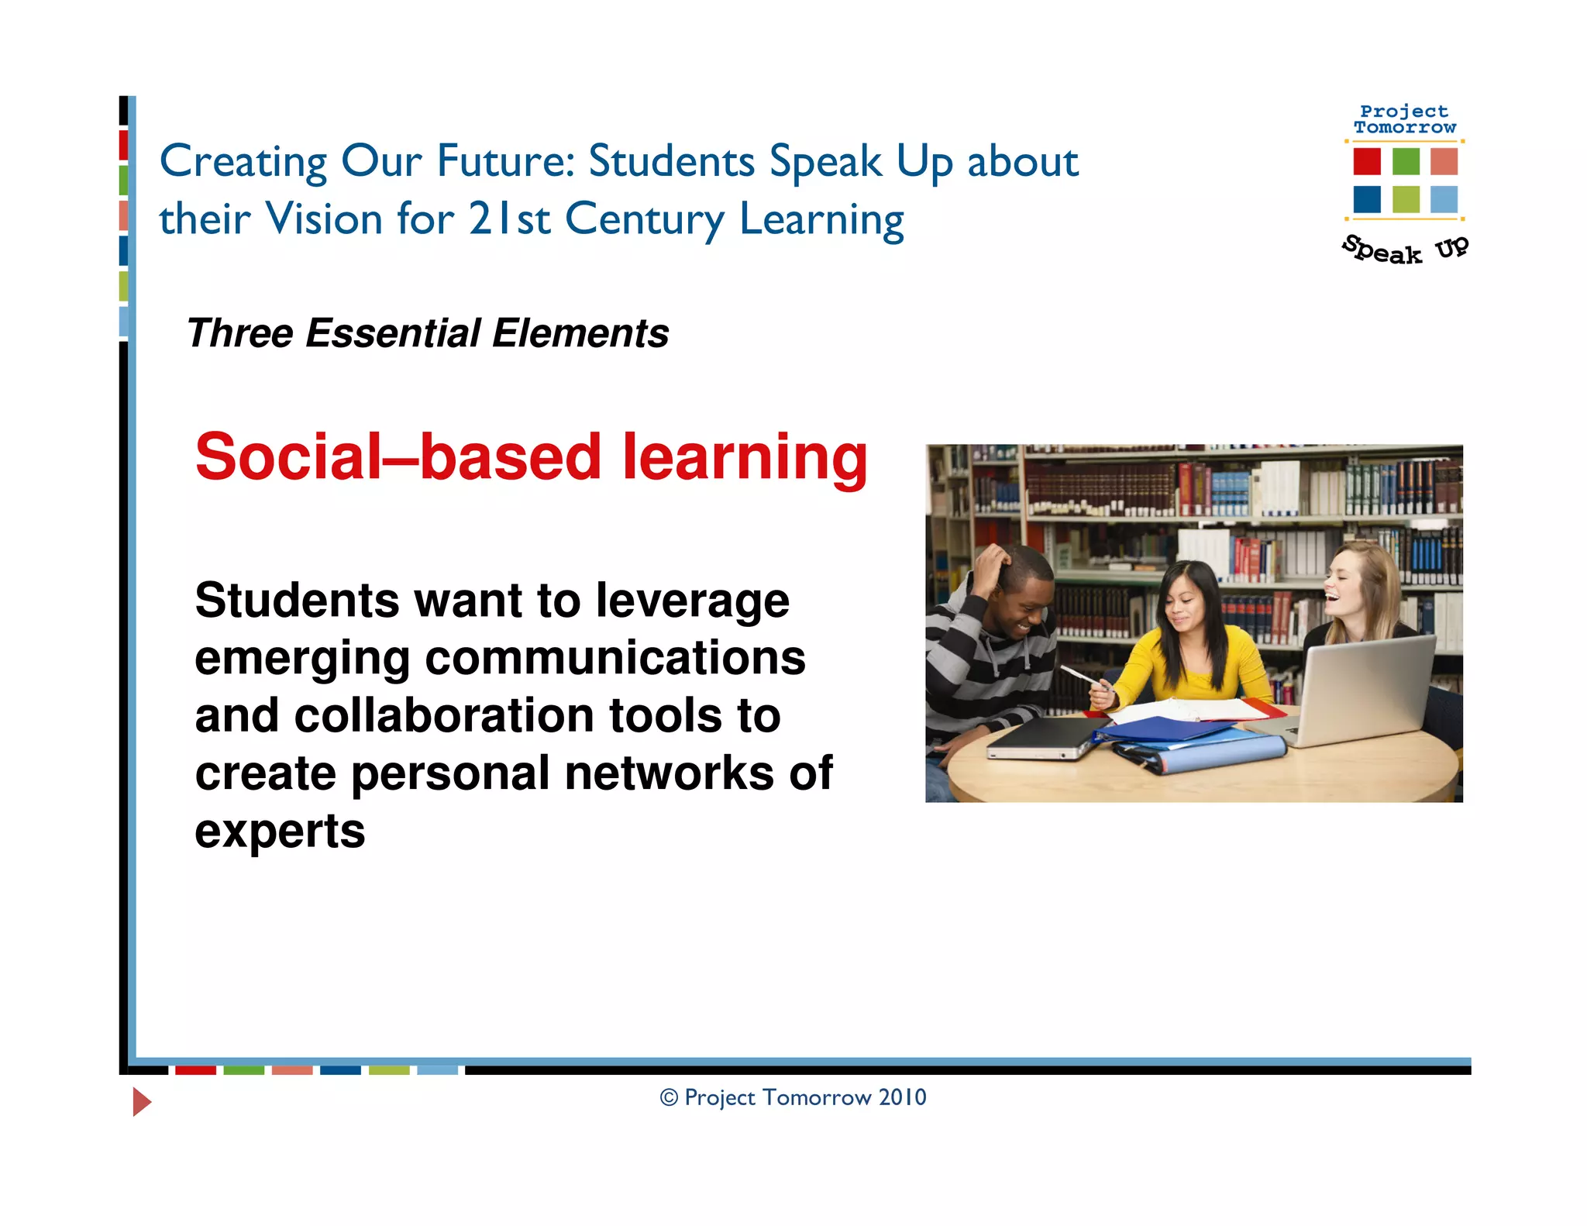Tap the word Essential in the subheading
(394, 333)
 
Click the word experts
(280, 832)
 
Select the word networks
(670, 773)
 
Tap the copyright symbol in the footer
(669, 1097)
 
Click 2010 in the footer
(903, 1097)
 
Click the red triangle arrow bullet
(141, 1101)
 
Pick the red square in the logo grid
(1367, 161)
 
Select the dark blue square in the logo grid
(1367, 199)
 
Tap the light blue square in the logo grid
(1444, 199)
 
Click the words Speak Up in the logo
(1404, 250)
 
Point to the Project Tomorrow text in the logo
(1404, 119)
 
